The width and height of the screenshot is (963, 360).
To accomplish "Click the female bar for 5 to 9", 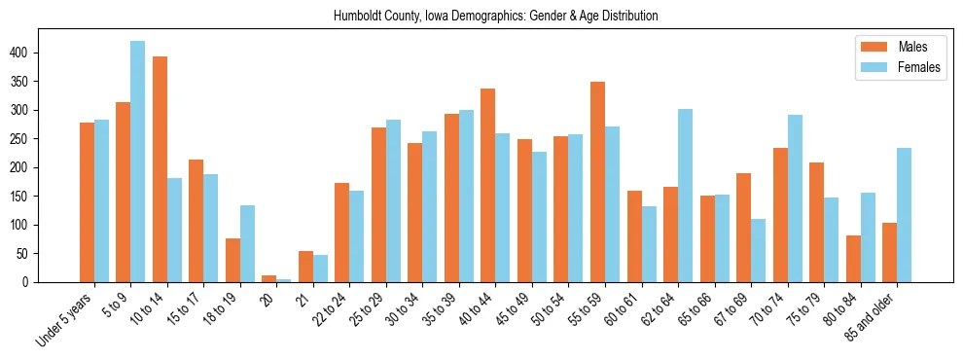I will [137, 162].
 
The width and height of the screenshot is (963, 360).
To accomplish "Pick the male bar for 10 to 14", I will [160, 169].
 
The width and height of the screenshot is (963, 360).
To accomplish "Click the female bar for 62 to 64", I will [685, 196].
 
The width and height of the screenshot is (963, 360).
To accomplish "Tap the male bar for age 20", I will [268, 278].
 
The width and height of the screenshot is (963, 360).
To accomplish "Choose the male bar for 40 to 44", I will [488, 185].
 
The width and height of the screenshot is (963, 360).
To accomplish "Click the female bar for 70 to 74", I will [795, 198].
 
